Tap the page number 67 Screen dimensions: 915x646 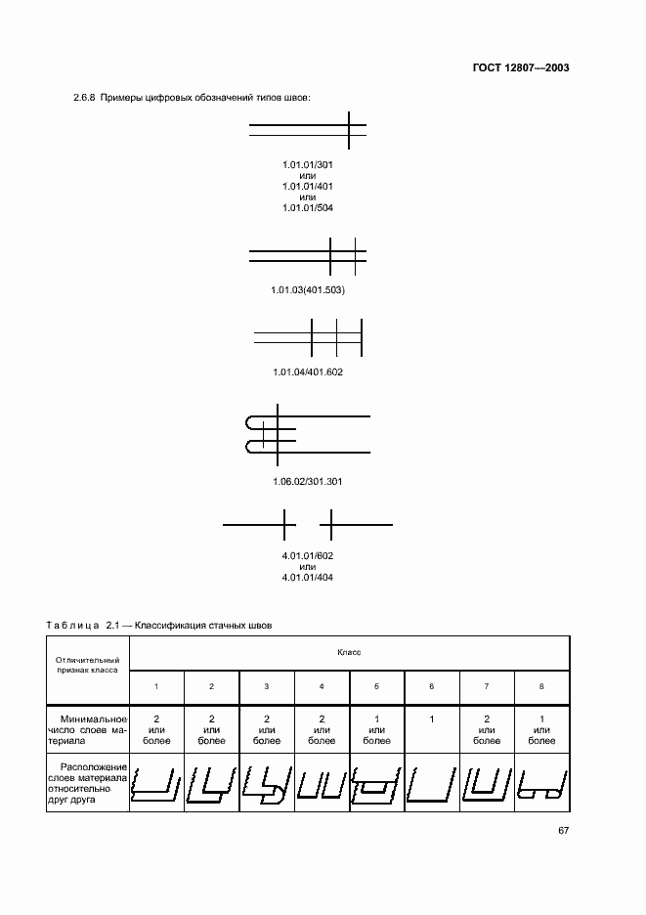tap(564, 831)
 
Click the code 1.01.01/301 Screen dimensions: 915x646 tap(308, 163)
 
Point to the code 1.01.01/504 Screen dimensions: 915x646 tap(308, 207)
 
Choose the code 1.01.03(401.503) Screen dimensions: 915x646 tap(308, 291)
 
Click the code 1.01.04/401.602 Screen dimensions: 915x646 tap(308, 372)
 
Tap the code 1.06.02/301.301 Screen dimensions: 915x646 tap(308, 482)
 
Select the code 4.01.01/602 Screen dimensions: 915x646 tap(308, 555)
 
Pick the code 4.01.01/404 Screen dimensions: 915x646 tap(308, 577)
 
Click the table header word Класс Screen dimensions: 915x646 tap(350, 650)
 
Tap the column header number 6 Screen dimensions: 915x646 tap(431, 686)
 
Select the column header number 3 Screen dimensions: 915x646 tap(266, 686)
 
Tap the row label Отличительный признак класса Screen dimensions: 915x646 tap(87, 665)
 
